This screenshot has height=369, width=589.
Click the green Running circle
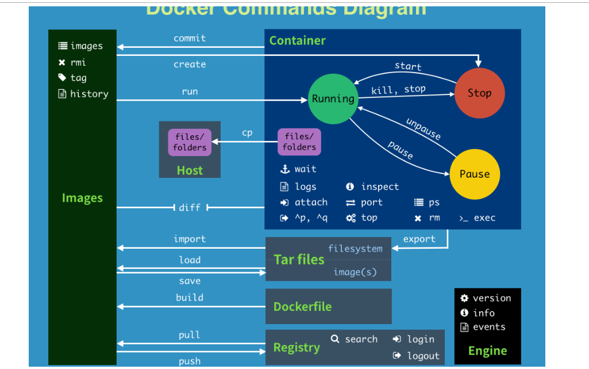tap(333, 98)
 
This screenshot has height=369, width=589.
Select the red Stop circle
tap(479, 93)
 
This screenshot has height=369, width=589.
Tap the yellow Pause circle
tap(475, 174)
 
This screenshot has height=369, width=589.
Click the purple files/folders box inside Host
tap(190, 142)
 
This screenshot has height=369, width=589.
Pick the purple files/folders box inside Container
tap(299, 142)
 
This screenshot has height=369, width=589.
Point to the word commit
tap(190, 38)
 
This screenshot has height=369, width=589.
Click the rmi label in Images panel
tap(78, 62)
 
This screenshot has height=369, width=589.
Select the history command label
tap(89, 94)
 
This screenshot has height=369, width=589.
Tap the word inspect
tap(380, 187)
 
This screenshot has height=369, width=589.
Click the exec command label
tap(484, 218)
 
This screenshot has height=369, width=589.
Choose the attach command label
tap(311, 202)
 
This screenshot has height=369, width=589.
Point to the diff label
tap(190, 207)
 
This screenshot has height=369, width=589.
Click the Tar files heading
tap(299, 260)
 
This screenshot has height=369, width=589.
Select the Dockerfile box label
tap(302, 307)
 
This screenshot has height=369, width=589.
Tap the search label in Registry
tap(361, 339)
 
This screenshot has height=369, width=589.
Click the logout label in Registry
tap(423, 356)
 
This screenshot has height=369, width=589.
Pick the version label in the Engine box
tap(491, 298)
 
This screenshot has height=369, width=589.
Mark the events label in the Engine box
tap(489, 327)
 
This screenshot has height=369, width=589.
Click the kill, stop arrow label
tap(398, 89)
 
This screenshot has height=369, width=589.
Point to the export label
tap(419, 239)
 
